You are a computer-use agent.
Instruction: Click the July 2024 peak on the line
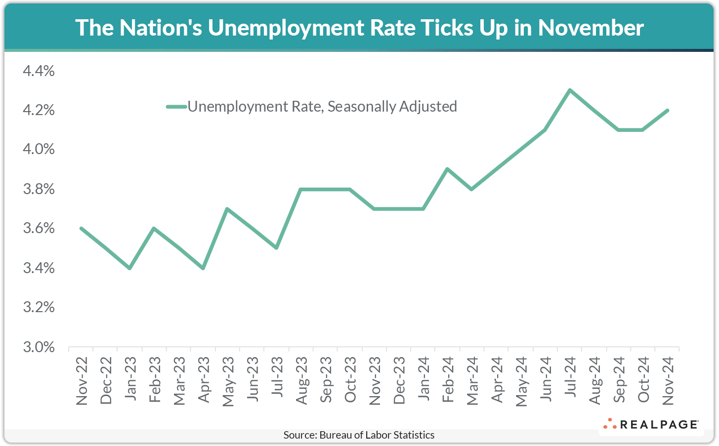[x=570, y=90]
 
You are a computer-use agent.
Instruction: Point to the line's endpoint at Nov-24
[x=668, y=110]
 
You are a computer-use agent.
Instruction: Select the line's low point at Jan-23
[x=129, y=268]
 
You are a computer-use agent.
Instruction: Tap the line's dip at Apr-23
[x=203, y=268]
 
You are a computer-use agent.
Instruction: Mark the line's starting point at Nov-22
[x=81, y=228]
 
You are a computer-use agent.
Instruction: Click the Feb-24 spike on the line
[x=447, y=169]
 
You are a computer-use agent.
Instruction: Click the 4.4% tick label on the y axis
[x=39, y=71]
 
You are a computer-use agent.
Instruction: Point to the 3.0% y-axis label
[x=39, y=347]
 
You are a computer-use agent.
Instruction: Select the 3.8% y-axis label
[x=39, y=189]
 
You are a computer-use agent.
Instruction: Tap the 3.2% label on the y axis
[x=39, y=307]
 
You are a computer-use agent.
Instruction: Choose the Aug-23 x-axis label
[x=301, y=381]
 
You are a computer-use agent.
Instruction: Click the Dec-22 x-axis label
[x=106, y=381]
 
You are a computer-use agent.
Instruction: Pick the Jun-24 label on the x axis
[x=546, y=381]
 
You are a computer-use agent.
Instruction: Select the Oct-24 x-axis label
[x=643, y=381]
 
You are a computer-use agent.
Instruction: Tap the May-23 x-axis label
[x=228, y=381]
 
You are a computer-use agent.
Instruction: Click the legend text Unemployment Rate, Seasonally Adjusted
[x=322, y=106]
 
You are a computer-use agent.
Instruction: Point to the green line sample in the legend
[x=176, y=106]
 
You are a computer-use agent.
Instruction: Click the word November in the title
[x=591, y=28]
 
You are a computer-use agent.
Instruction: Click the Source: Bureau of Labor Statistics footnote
[x=359, y=435]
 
